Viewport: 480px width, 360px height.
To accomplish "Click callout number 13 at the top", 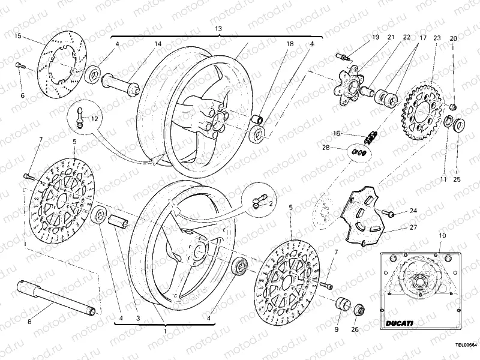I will (218, 29).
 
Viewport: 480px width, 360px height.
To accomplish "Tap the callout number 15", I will (18, 37).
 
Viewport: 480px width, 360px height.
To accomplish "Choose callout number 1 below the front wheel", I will (164, 331).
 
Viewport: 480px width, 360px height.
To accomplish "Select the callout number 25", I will (457, 179).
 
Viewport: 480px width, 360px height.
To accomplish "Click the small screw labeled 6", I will (20, 66).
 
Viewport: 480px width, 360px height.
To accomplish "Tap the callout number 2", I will (271, 203).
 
